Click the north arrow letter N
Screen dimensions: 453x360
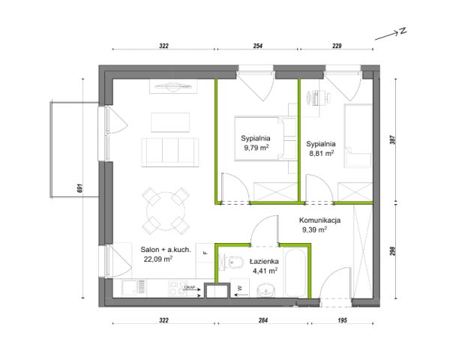403,31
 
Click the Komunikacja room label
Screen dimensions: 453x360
319,220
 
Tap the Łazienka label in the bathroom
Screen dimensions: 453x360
264,262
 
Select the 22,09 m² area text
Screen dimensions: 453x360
158,259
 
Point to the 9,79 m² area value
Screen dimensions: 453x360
256,148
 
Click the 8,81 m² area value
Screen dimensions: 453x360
322,154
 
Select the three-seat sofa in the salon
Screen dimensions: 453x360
170,152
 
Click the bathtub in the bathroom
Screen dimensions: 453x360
295,273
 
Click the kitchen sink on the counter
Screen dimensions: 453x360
133,288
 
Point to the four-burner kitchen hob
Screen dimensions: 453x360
177,288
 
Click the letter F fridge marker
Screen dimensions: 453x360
205,253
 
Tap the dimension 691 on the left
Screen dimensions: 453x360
80,188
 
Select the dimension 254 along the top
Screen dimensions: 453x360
258,46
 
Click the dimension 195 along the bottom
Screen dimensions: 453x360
342,320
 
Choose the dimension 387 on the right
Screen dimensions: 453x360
392,140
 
